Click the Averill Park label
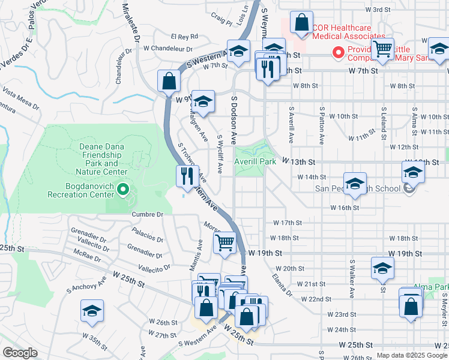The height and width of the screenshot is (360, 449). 256,162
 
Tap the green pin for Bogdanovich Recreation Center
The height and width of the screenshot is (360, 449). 124,190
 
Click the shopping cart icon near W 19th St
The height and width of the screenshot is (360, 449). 224,243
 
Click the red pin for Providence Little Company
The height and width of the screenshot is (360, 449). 339,53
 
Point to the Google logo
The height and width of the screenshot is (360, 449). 20,352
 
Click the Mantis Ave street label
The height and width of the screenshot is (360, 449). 199,259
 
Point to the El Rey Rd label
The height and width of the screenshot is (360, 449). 184,37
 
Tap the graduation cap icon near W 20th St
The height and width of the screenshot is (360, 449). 382,269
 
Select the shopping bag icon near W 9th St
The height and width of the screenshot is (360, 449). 169,80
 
